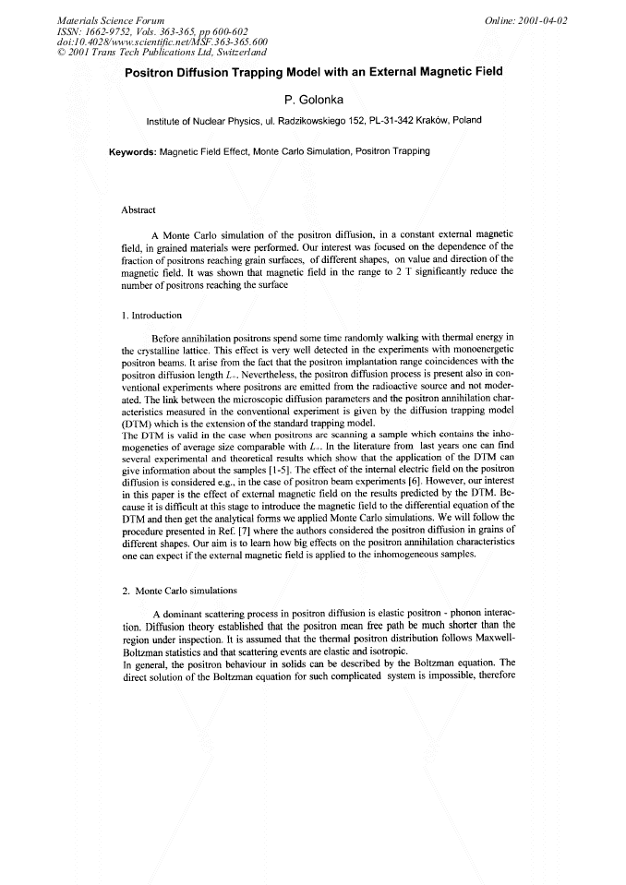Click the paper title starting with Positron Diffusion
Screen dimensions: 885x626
[314, 72]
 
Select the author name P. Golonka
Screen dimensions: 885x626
[313, 99]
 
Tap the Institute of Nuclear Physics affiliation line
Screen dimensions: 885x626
[313, 120]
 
